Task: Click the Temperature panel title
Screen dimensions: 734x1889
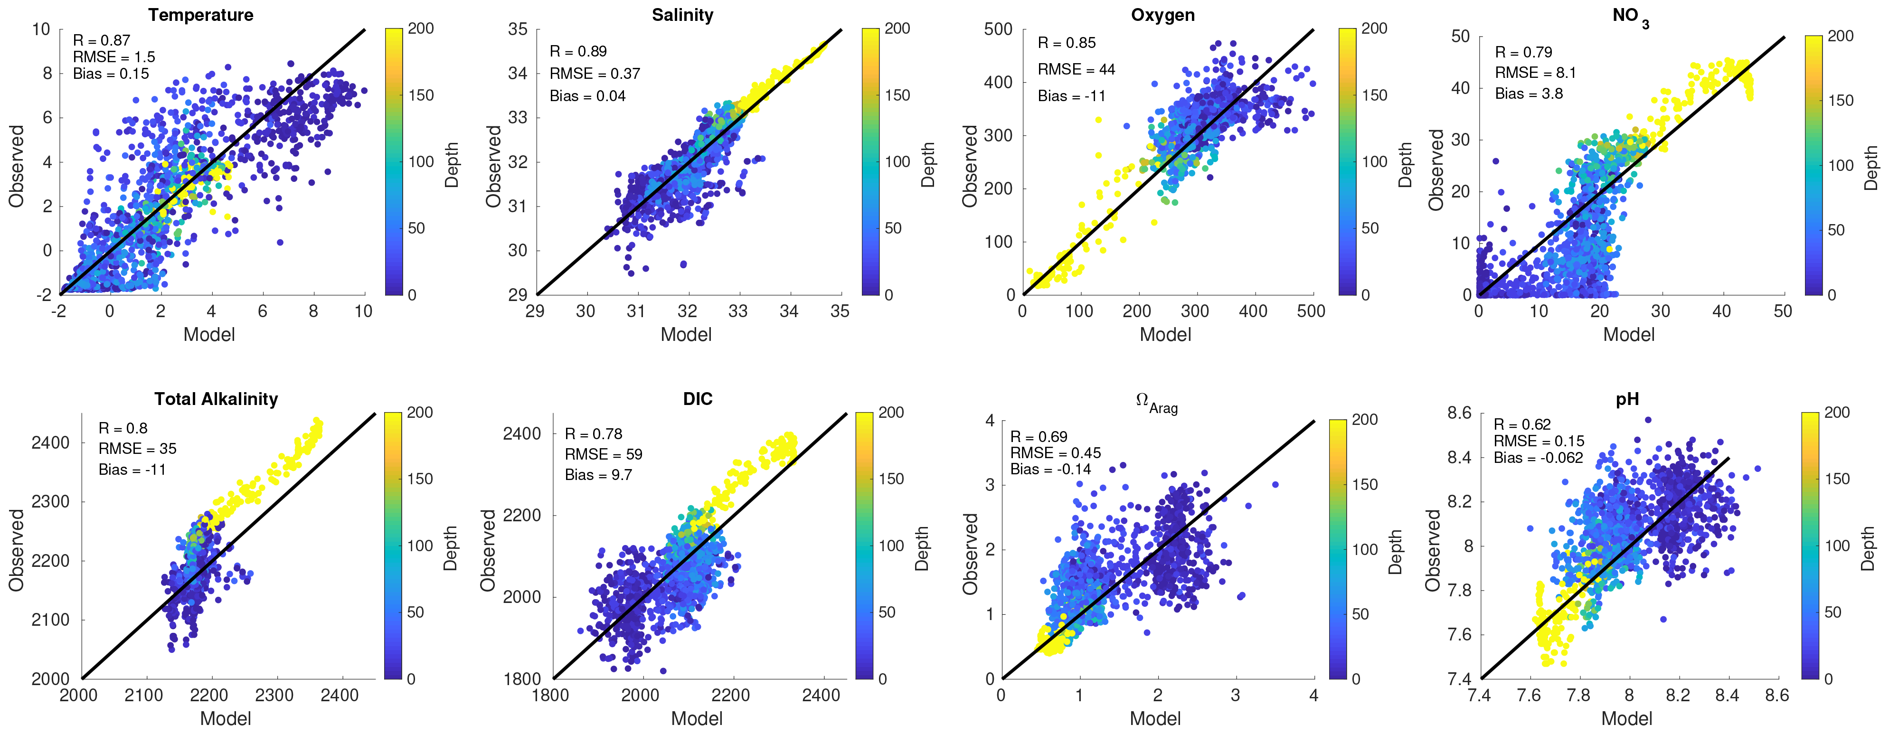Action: (x=200, y=15)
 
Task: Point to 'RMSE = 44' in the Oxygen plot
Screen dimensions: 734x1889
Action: (x=1076, y=70)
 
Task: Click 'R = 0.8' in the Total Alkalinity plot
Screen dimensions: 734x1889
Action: (x=123, y=428)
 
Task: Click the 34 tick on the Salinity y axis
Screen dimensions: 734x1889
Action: (x=518, y=73)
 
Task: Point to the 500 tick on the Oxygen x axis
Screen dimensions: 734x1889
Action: (x=1311, y=311)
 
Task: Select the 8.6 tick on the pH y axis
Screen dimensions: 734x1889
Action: (x=1459, y=413)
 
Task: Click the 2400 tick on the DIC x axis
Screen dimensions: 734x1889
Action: (x=821, y=695)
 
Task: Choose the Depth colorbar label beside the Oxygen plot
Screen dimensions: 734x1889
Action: (x=1405, y=165)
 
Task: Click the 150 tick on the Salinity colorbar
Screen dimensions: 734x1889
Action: (x=897, y=95)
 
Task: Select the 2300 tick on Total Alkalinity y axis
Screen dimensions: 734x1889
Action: (x=51, y=501)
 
